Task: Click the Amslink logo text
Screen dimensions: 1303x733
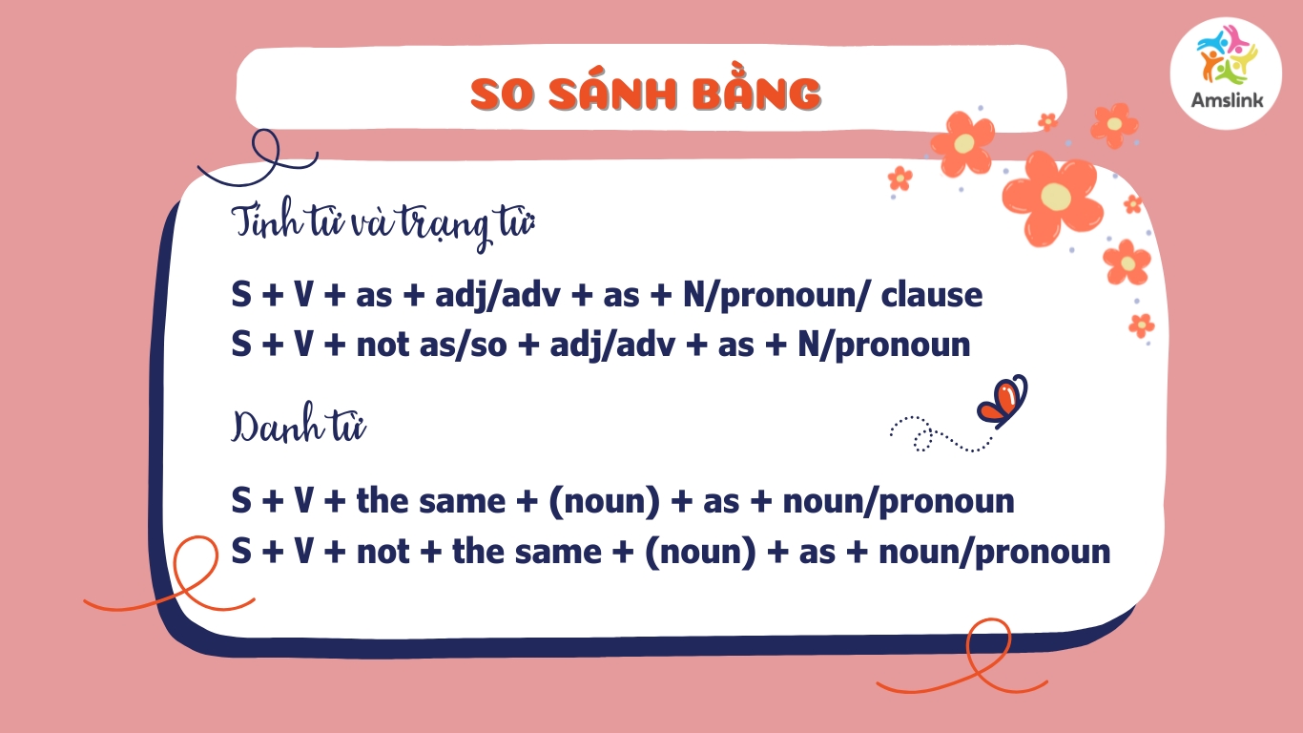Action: (x=1227, y=99)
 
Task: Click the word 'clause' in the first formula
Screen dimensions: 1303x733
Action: (x=931, y=295)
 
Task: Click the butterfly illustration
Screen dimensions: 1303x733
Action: (x=1003, y=401)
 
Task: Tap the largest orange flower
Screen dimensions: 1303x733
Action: (x=1052, y=198)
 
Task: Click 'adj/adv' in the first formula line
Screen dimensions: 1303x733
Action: (x=497, y=296)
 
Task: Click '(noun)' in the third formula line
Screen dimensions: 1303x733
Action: (x=604, y=501)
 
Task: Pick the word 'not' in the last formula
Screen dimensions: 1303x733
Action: (x=383, y=552)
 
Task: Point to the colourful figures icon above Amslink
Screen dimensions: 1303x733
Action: (x=1227, y=55)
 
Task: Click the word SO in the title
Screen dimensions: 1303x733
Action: (x=502, y=94)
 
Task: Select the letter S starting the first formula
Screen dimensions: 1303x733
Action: (x=241, y=295)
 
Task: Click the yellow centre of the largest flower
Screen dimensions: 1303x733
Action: (x=1055, y=197)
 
